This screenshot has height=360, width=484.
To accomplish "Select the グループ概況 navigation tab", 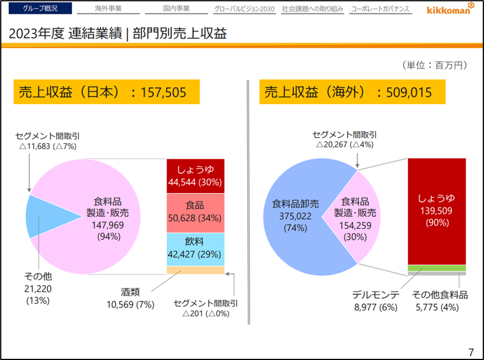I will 40,9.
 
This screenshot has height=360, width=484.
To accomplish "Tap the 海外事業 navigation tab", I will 108,9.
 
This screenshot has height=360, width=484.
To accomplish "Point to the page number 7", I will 471,351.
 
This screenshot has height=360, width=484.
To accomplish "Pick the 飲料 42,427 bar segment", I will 195,249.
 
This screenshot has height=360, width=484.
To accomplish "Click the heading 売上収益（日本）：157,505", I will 106,92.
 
